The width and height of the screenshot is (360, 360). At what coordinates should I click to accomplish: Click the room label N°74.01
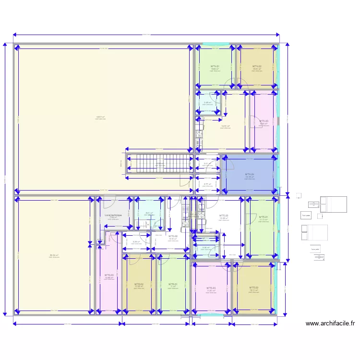click(x=215, y=66)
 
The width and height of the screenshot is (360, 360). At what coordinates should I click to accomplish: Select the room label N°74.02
click(x=257, y=66)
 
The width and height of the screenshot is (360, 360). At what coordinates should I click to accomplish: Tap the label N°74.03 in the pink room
click(x=264, y=121)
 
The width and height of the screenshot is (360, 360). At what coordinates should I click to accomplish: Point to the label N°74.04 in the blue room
click(x=250, y=174)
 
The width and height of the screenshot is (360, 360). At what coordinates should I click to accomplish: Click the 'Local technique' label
click(x=113, y=215)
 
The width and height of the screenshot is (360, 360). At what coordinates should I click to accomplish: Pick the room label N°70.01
click(x=172, y=284)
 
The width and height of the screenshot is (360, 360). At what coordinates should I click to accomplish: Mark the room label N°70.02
click(x=139, y=284)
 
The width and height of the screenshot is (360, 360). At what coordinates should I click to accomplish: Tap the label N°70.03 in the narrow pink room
click(x=109, y=275)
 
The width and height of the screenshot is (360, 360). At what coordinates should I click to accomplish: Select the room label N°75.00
click(x=224, y=216)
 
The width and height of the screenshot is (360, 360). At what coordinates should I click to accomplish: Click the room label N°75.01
click(x=264, y=217)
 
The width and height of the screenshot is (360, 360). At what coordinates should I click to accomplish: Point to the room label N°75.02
click(x=254, y=288)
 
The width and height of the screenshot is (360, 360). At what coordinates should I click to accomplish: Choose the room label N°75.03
click(x=211, y=288)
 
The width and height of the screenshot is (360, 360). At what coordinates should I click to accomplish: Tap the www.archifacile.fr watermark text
click(x=330, y=324)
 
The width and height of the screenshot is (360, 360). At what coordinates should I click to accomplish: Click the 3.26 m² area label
click(x=136, y=241)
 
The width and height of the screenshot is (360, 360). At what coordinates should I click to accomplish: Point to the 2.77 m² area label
click(x=207, y=184)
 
